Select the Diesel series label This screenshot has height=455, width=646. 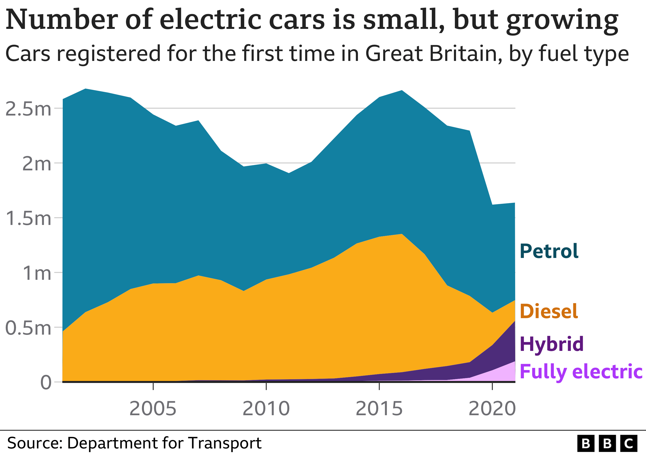pos(549,311)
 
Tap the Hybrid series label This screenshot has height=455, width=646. pos(551,344)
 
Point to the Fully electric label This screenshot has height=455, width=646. pos(581,371)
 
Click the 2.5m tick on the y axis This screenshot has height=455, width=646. pos(28,109)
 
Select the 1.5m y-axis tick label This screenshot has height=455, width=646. pos(28,218)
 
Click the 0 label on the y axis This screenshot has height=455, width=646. pos(46,383)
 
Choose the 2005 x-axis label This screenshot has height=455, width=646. pos(153,408)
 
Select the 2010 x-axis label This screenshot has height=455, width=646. pos(266,408)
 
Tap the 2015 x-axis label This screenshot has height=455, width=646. pos(379,408)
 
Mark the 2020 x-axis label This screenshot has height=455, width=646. pos(492,408)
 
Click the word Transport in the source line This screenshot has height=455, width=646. pos(225,443)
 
